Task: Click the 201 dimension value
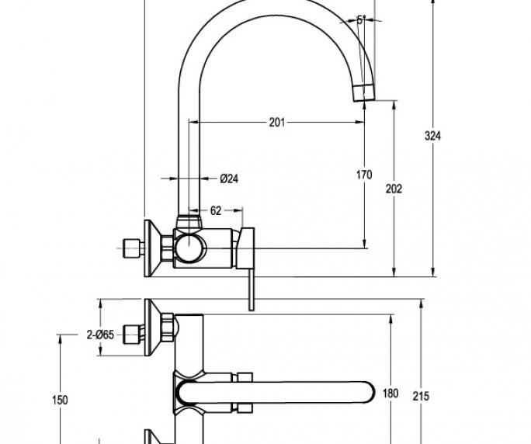pos(278,122)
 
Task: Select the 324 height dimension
pos(433,137)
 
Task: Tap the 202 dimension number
pos(394,188)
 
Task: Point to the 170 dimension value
pos(365,175)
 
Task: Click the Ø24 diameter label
pos(229,179)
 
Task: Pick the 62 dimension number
pos(217,210)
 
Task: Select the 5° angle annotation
pos(362,21)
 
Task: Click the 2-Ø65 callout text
pos(100,335)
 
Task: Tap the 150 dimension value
pos(60,400)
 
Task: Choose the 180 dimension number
pos(391,394)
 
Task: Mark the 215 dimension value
pos(421,396)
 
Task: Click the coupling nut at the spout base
pos(186,224)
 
